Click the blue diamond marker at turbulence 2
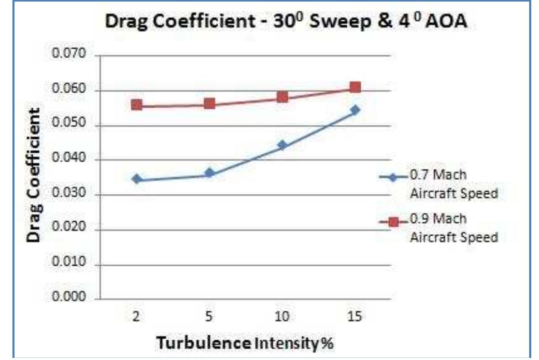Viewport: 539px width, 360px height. click(137, 179)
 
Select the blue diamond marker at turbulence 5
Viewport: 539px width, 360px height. click(209, 172)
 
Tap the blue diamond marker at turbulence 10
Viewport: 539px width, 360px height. click(282, 145)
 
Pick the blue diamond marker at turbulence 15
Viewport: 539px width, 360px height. click(355, 110)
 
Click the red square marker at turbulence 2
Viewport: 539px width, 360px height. click(137, 105)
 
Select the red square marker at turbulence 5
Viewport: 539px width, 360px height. click(209, 104)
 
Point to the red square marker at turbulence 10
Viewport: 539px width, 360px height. click(282, 97)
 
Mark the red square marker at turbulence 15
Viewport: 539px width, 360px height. click(355, 87)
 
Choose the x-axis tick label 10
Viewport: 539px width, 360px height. click(282, 316)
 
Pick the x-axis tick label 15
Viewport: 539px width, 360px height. click(355, 316)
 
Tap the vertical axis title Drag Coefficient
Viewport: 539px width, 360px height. click(34, 175)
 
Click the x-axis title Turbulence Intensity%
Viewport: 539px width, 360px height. click(245, 343)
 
